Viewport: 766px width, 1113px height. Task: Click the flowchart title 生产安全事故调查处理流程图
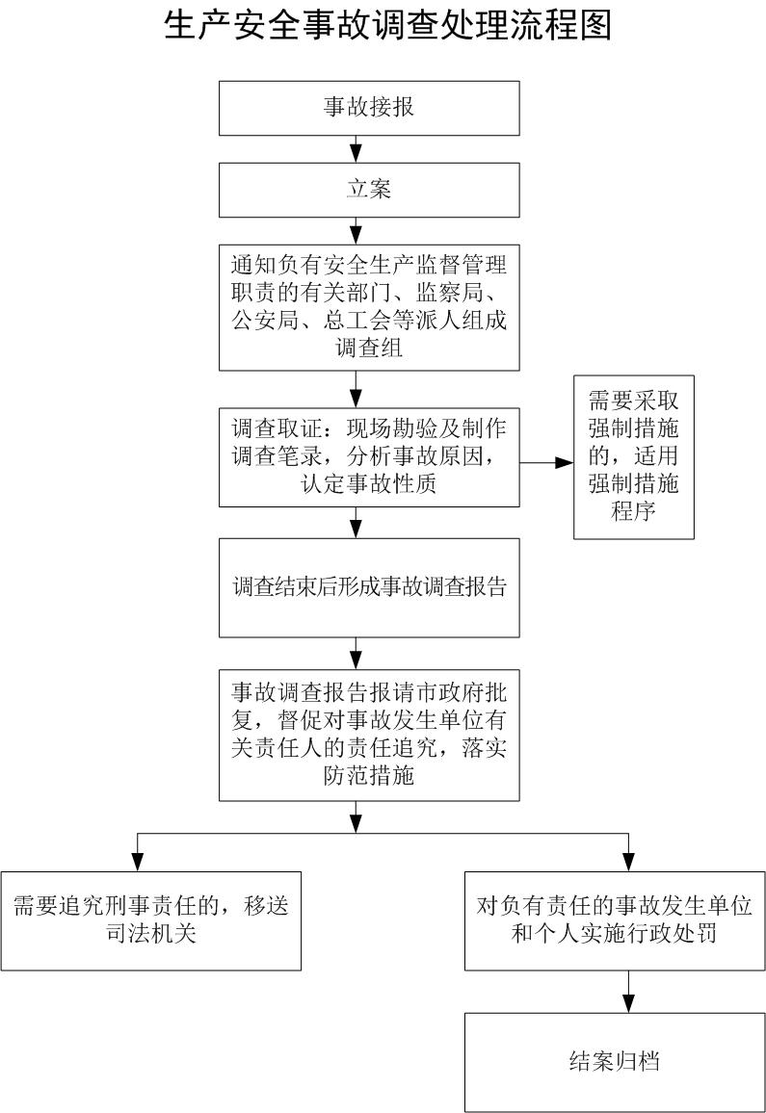point(387,26)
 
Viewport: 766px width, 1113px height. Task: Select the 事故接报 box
point(369,107)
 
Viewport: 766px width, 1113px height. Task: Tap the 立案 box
point(369,189)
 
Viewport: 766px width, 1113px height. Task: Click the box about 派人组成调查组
point(369,306)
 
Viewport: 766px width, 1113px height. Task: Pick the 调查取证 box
point(369,457)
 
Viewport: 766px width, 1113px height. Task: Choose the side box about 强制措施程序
point(633,456)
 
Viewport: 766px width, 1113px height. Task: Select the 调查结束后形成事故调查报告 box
point(369,587)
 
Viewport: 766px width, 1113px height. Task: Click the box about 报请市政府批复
point(369,735)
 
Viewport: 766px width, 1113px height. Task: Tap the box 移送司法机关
point(150,919)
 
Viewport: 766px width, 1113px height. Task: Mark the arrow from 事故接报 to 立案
point(357,148)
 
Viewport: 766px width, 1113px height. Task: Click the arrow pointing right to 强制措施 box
point(547,463)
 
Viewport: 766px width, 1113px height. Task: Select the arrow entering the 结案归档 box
point(628,992)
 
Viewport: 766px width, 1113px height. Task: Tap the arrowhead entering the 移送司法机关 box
point(137,863)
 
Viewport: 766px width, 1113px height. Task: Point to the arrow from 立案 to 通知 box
point(357,230)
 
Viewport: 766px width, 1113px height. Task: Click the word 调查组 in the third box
point(369,348)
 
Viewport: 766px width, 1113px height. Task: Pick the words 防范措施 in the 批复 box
point(369,775)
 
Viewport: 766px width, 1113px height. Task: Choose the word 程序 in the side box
point(633,510)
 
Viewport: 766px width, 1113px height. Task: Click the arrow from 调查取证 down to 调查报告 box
point(357,522)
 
